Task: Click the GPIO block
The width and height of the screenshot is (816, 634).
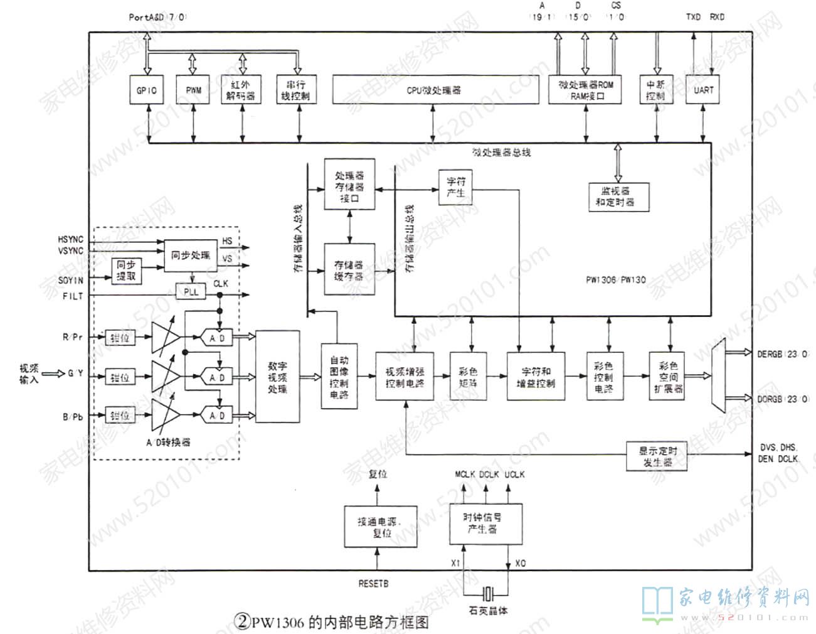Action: pos(146,90)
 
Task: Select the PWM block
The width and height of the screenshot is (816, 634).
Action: pos(193,90)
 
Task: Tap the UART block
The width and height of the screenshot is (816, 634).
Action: pos(703,90)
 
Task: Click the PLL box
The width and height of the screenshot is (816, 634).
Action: pos(191,292)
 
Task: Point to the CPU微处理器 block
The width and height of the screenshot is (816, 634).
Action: pos(435,90)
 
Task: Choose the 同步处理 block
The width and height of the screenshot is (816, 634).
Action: pos(191,255)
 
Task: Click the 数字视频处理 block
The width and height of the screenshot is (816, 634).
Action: pos(278,377)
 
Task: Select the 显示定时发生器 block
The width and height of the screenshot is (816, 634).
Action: pos(657,456)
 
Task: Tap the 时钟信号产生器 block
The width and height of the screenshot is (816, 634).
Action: pos(482,524)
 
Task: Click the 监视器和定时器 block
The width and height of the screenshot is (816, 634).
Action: pos(618,196)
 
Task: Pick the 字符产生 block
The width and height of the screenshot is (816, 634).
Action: pos(456,187)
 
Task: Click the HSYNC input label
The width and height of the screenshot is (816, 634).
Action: pos(70,240)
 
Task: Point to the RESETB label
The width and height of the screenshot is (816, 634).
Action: pos(373,584)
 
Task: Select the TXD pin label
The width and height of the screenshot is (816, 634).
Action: pos(693,17)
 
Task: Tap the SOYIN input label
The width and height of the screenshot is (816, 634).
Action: pos(70,280)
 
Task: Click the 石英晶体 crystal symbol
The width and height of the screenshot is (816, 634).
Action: pos(489,592)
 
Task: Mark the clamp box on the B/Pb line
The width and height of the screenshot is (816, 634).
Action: pos(120,416)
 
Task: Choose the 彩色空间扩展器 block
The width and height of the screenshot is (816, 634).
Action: pos(669,377)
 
